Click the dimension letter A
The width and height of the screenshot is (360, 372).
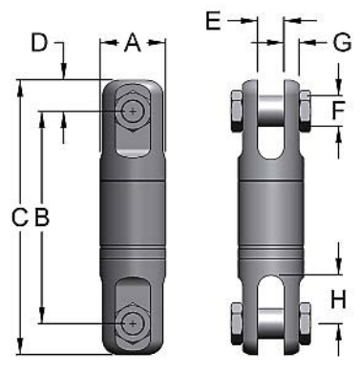133,41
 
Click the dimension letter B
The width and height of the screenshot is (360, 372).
41,217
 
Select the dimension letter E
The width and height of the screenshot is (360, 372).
212,18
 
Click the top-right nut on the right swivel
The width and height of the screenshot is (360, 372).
304,110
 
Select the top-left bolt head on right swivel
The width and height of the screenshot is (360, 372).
237,110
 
